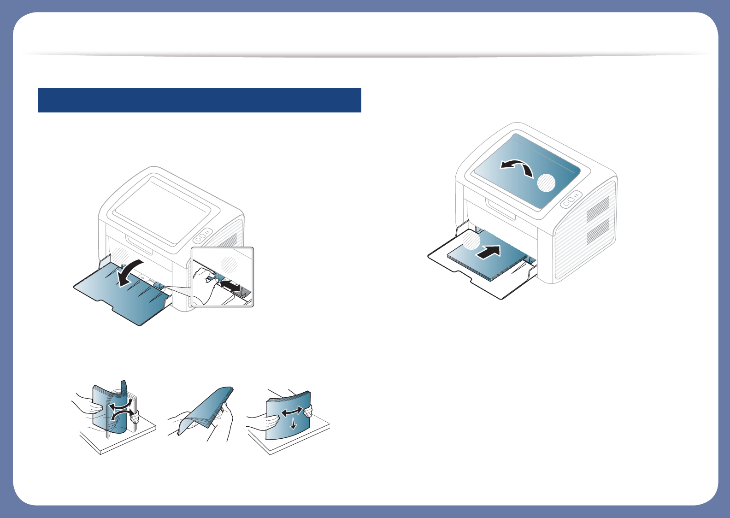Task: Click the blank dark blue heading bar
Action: click(x=199, y=100)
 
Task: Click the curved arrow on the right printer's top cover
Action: click(x=517, y=167)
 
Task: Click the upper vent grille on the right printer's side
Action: click(x=598, y=207)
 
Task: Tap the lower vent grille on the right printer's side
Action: click(x=598, y=231)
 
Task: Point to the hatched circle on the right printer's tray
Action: click(x=471, y=241)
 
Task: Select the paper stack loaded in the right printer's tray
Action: click(x=489, y=263)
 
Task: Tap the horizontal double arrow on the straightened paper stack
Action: click(x=292, y=411)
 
